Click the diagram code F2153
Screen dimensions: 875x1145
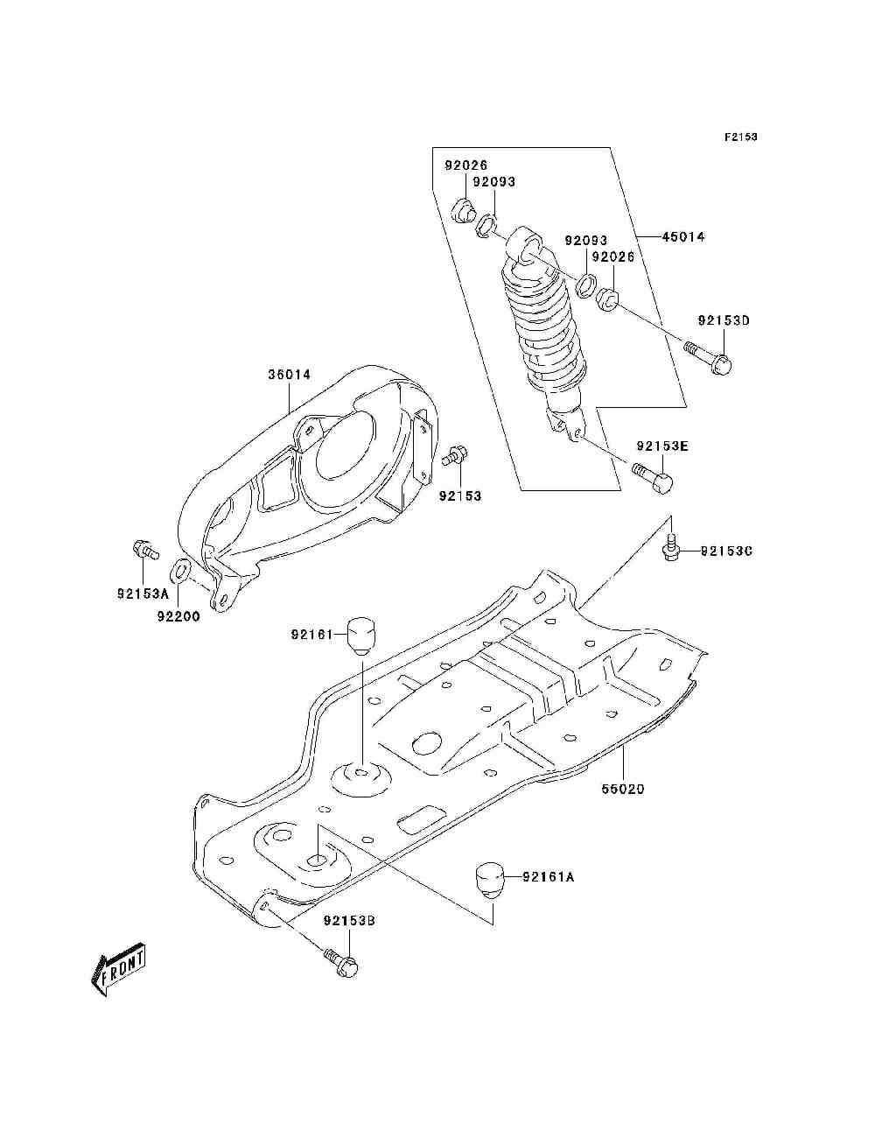tap(740, 137)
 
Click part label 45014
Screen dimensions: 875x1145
tap(683, 237)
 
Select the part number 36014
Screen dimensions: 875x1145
tap(290, 375)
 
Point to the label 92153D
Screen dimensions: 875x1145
tap(724, 320)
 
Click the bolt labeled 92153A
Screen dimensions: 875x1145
tap(143, 549)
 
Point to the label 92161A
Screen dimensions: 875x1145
tap(548, 877)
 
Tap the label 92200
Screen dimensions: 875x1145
tap(178, 616)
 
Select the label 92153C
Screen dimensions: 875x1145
tap(726, 551)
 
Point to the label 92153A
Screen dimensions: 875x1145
tap(143, 594)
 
